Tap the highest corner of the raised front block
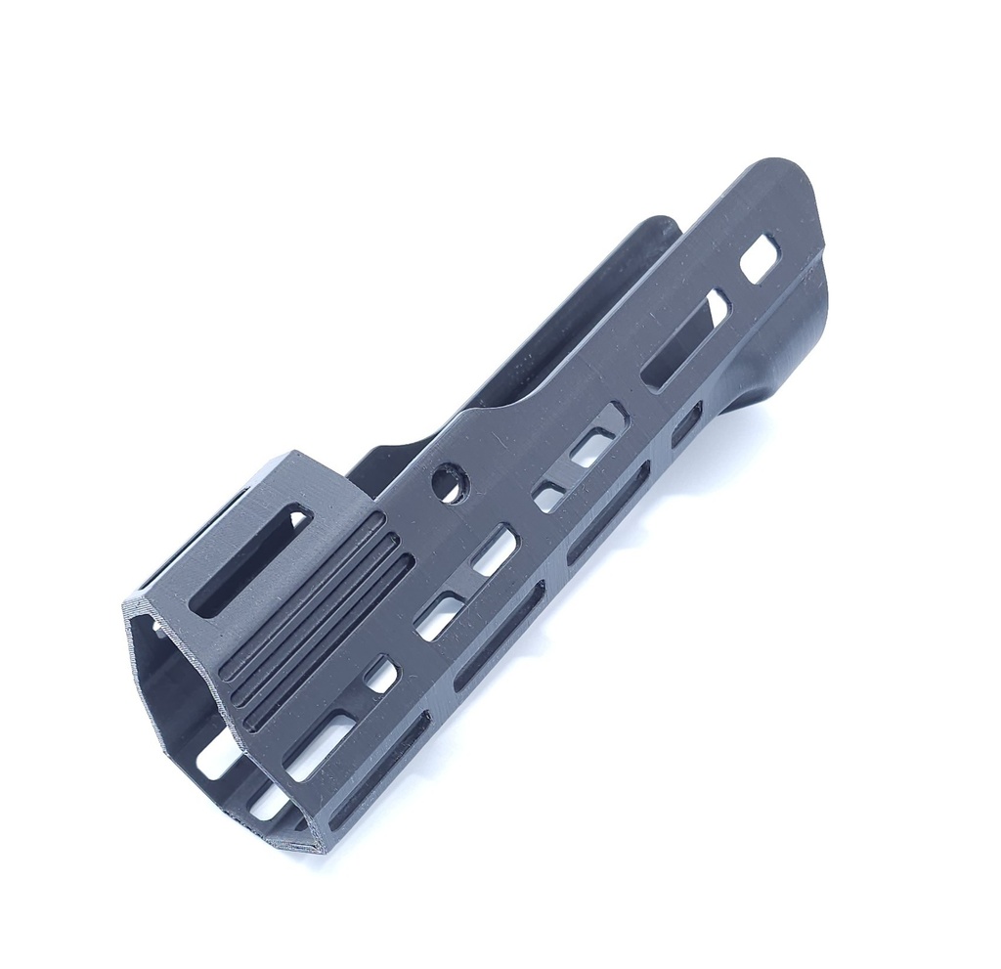(291, 454)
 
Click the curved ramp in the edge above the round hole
(489, 416)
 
